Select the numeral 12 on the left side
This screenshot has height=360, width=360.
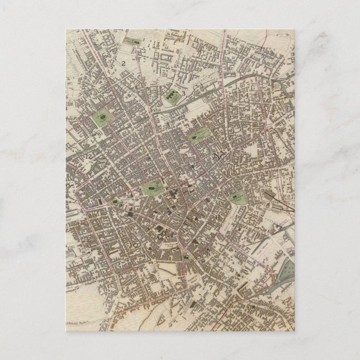(x=88, y=155)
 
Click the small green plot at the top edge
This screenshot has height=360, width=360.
(x=134, y=41)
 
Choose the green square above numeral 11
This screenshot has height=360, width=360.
(x=238, y=197)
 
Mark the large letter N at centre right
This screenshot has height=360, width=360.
(x=217, y=157)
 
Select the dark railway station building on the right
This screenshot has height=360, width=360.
(x=275, y=198)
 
